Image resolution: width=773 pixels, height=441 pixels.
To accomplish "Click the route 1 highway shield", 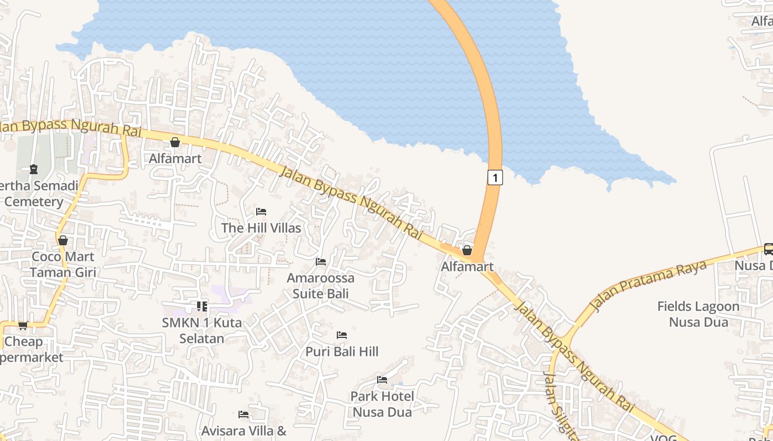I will pyautogui.click(x=495, y=178).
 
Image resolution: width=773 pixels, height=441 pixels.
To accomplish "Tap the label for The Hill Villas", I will pyautogui.click(x=261, y=228).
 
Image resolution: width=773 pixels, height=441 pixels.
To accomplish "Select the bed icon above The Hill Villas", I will pyautogui.click(x=261, y=212).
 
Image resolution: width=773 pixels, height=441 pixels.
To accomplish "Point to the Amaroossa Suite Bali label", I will pyautogui.click(x=320, y=286).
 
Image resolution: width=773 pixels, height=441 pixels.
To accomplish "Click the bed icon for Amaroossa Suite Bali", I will pyautogui.click(x=321, y=262).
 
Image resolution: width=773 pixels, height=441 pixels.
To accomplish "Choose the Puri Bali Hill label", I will pyautogui.click(x=342, y=351).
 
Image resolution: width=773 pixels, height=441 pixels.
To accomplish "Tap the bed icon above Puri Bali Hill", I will pyautogui.click(x=342, y=335).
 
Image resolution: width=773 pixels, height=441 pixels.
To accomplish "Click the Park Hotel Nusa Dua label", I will pyautogui.click(x=382, y=404).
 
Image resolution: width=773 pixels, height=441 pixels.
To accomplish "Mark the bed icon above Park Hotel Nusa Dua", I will pyautogui.click(x=382, y=380).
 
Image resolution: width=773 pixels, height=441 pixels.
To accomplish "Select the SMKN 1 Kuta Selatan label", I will pyautogui.click(x=202, y=330).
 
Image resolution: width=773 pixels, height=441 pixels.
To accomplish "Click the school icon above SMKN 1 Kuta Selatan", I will pyautogui.click(x=202, y=306).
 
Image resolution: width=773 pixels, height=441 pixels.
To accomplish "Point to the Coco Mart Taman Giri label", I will pyautogui.click(x=63, y=264).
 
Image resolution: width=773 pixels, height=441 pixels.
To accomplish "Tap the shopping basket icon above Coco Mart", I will pyautogui.click(x=63, y=240).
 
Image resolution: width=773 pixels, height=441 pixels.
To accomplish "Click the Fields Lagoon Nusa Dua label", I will pyautogui.click(x=698, y=314).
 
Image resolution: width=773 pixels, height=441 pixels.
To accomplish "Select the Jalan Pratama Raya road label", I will pyautogui.click(x=649, y=286).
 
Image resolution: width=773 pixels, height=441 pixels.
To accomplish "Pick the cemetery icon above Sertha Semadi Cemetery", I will pyautogui.click(x=34, y=169).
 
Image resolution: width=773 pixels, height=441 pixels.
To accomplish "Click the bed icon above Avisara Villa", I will pyautogui.click(x=243, y=415).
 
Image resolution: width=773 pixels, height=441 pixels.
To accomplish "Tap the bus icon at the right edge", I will pyautogui.click(x=768, y=249).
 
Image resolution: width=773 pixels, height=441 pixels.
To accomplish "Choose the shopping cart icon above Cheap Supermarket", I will pyautogui.click(x=23, y=326).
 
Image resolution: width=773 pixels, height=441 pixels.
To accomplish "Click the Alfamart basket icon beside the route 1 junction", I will pyautogui.click(x=467, y=251).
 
